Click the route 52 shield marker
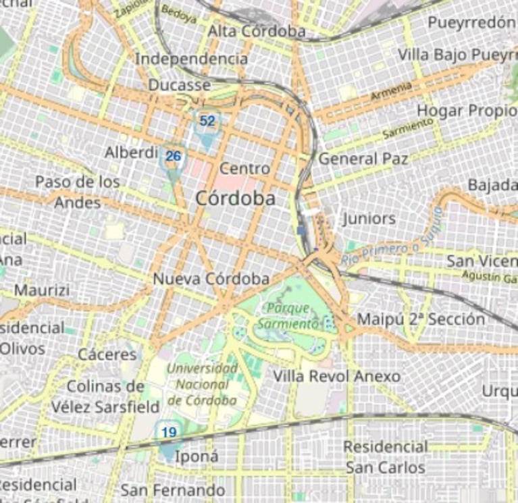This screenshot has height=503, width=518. [207, 122]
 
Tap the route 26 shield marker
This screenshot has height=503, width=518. [174, 157]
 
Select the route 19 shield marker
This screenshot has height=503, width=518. [169, 433]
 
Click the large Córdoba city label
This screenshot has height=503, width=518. [235, 199]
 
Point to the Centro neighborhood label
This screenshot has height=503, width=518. [244, 168]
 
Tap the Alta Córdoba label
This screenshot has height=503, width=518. [256, 31]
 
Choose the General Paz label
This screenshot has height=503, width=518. [363, 159]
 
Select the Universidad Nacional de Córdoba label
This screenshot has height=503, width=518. [203, 384]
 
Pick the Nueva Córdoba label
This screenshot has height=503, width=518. [211, 279]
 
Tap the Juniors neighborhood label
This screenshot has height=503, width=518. [369, 219]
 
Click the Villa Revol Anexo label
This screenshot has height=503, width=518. [336, 376]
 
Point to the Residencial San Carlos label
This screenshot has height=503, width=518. [385, 457]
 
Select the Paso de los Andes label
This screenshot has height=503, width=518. [77, 192]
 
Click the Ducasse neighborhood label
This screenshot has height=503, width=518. [179, 85]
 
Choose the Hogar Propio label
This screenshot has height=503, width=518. [467, 110]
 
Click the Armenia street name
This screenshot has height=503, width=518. [391, 92]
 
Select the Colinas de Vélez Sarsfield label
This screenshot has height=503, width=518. [105, 397]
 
